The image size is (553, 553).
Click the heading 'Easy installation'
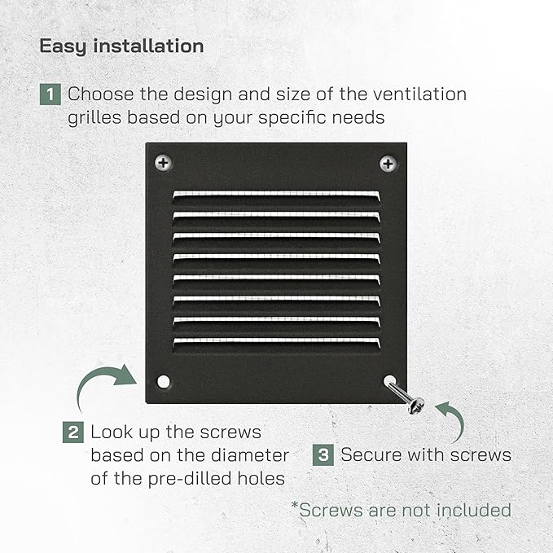tap(121, 46)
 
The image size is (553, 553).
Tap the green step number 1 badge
tap(50, 94)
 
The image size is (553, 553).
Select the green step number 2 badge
tap(73, 432)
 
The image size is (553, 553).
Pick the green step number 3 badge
tap(323, 455)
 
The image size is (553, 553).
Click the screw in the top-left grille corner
tap(163, 163)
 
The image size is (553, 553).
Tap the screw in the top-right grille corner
tap(388, 164)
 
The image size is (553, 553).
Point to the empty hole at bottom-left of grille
tap(163, 382)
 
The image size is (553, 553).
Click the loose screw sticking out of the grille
tap(405, 396)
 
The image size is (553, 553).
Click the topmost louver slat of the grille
tap(277, 195)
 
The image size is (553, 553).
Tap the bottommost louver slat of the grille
tap(277, 343)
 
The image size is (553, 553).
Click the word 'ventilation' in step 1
tap(402, 94)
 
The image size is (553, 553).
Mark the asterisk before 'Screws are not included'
tap(295, 505)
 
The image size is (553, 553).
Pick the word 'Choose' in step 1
tap(100, 94)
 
